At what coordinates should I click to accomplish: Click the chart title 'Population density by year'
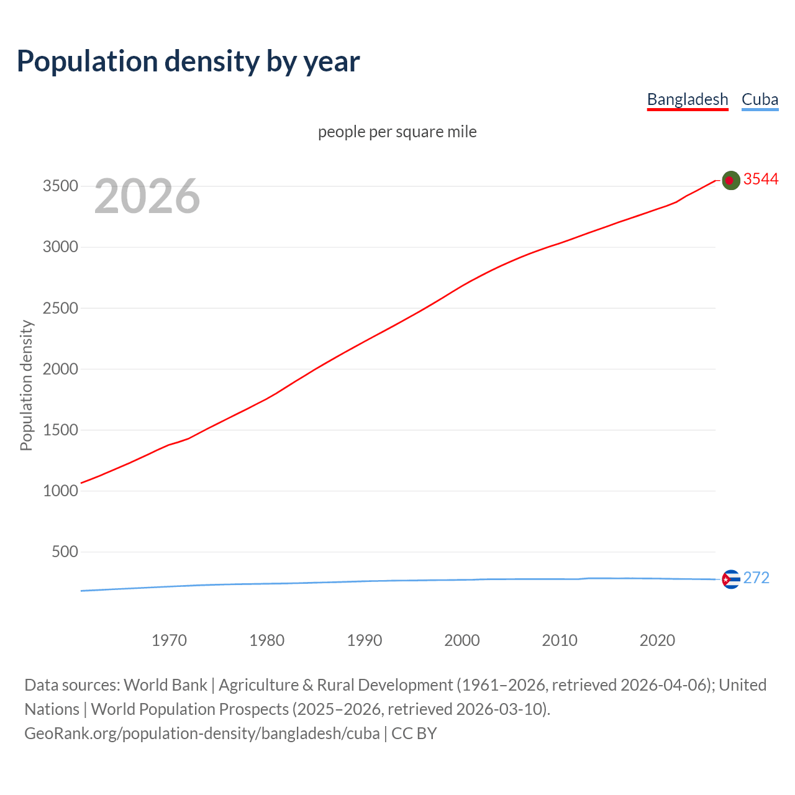[x=188, y=61]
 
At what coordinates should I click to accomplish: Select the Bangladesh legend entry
[x=687, y=99]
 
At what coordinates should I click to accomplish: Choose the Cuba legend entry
[x=760, y=99]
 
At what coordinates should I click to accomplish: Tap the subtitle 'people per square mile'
[x=397, y=132]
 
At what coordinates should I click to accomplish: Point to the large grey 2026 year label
[x=147, y=196]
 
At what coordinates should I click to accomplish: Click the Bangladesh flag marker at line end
[x=731, y=180]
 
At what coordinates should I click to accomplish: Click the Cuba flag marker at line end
[x=731, y=579]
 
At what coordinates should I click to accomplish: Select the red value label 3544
[x=760, y=179]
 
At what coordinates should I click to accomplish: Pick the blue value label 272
[x=756, y=578]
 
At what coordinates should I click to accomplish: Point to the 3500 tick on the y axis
[x=60, y=186]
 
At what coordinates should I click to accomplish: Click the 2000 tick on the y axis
[x=60, y=369]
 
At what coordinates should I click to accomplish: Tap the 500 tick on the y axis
[x=65, y=552]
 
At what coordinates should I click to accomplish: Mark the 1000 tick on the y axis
[x=60, y=491]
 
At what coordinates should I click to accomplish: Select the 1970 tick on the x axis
[x=169, y=640]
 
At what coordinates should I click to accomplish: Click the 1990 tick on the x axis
[x=365, y=640]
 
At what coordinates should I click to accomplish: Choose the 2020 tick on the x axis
[x=657, y=640]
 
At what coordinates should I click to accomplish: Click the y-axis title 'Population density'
[x=26, y=385]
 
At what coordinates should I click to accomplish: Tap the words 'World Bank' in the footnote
[x=165, y=685]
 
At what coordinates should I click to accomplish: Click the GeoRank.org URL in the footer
[x=202, y=734]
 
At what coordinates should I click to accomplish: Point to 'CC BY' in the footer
[x=414, y=734]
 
